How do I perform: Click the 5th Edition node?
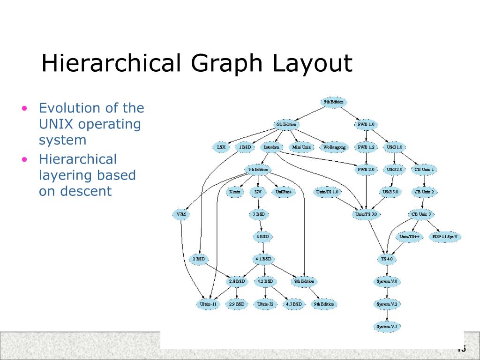pyautogui.click(x=334, y=102)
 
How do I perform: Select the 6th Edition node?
pyautogui.click(x=286, y=124)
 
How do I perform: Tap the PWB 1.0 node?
pyautogui.click(x=366, y=124)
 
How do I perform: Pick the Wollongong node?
pyautogui.click(x=334, y=147)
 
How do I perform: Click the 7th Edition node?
pyautogui.click(x=257, y=169)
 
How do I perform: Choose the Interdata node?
pyautogui.click(x=271, y=147)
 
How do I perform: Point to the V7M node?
pyautogui.click(x=181, y=214)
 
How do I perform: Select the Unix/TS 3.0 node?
pyautogui.click(x=366, y=214)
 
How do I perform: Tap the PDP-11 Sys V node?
pyautogui.click(x=445, y=236)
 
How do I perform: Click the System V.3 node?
pyautogui.click(x=387, y=326)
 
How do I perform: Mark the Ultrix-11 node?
pyautogui.click(x=208, y=304)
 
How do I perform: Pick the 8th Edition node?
pyautogui.click(x=304, y=281)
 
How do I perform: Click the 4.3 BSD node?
pyautogui.click(x=294, y=304)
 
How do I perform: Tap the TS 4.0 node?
pyautogui.click(x=387, y=259)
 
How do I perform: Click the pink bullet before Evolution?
pyautogui.click(x=25, y=109)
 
